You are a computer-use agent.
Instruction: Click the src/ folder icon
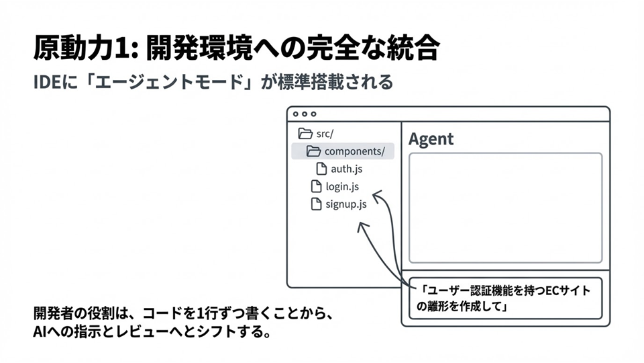click(305, 133)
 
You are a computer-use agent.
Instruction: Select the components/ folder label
click(354, 151)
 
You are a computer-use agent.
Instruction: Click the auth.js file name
click(346, 169)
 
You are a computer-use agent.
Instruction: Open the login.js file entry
click(342, 187)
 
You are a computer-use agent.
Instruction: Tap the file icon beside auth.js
click(321, 169)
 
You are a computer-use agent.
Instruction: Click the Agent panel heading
click(431, 139)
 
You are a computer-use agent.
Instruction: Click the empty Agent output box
click(505, 208)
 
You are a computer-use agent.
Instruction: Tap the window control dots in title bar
click(304, 114)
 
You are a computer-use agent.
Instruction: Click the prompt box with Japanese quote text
click(505, 298)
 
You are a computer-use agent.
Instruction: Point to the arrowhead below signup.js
click(362, 226)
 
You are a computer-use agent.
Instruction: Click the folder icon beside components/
click(313, 151)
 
